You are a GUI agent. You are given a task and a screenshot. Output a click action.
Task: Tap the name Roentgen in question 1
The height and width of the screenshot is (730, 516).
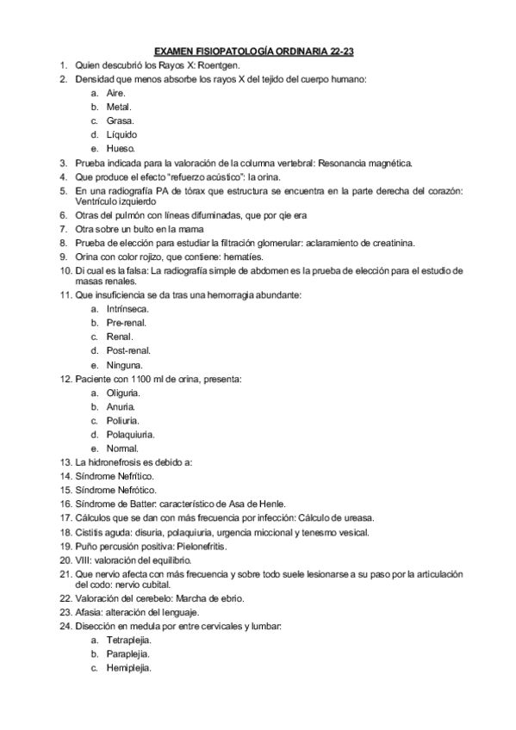click(221, 65)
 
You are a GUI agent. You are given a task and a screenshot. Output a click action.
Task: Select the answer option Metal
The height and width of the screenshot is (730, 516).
click(119, 107)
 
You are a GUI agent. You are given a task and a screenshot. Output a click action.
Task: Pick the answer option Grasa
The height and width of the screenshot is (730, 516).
click(120, 121)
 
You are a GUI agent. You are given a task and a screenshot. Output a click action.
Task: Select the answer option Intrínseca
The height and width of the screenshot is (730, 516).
click(127, 308)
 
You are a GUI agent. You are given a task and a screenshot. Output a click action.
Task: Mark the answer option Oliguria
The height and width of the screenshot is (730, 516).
click(122, 392)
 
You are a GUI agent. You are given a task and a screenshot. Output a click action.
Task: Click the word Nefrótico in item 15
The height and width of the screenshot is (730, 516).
click(134, 490)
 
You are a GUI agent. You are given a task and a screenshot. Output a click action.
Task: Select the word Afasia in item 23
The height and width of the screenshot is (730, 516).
click(89, 612)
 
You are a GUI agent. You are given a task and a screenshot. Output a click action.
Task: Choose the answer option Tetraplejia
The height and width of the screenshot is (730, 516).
click(129, 640)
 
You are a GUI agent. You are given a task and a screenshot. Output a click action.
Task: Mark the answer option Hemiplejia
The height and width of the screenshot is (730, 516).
click(129, 668)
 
